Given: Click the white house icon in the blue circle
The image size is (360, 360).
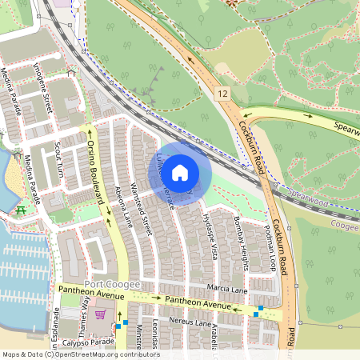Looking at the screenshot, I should [180, 172].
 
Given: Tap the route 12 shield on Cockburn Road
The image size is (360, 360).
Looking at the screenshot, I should [222, 94].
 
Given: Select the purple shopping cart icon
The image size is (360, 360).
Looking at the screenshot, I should [100, 314].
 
